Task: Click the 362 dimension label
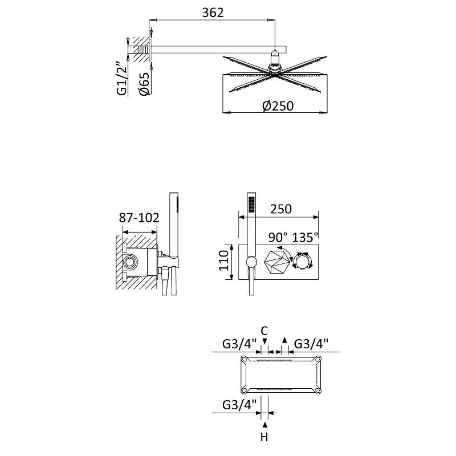[x=213, y=13]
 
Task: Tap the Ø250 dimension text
[x=278, y=106]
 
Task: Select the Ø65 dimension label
[x=144, y=83]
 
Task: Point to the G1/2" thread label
[x=122, y=78]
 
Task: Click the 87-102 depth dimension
[x=139, y=217]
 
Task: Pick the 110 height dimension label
[x=224, y=260]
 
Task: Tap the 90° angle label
[x=276, y=237]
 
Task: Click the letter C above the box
[x=264, y=331]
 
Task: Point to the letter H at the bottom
[x=264, y=437]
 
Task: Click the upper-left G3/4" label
[x=239, y=344]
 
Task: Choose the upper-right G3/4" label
[x=311, y=344]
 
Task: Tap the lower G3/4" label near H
[x=239, y=405]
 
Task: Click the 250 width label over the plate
[x=281, y=209]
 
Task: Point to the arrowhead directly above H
[x=264, y=425]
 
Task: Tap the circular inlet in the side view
[x=129, y=262]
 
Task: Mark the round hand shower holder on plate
[x=251, y=262]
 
